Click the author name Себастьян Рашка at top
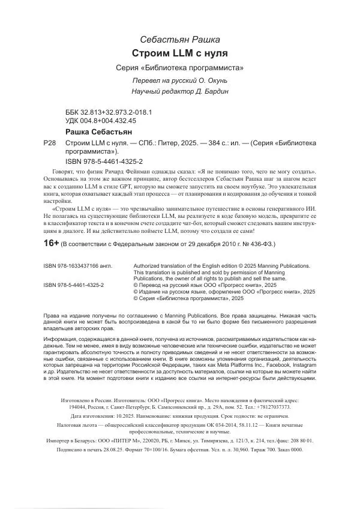(x=180, y=38)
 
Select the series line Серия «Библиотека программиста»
(x=180, y=67)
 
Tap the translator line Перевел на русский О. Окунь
(x=180, y=80)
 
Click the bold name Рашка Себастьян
(x=97, y=131)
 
